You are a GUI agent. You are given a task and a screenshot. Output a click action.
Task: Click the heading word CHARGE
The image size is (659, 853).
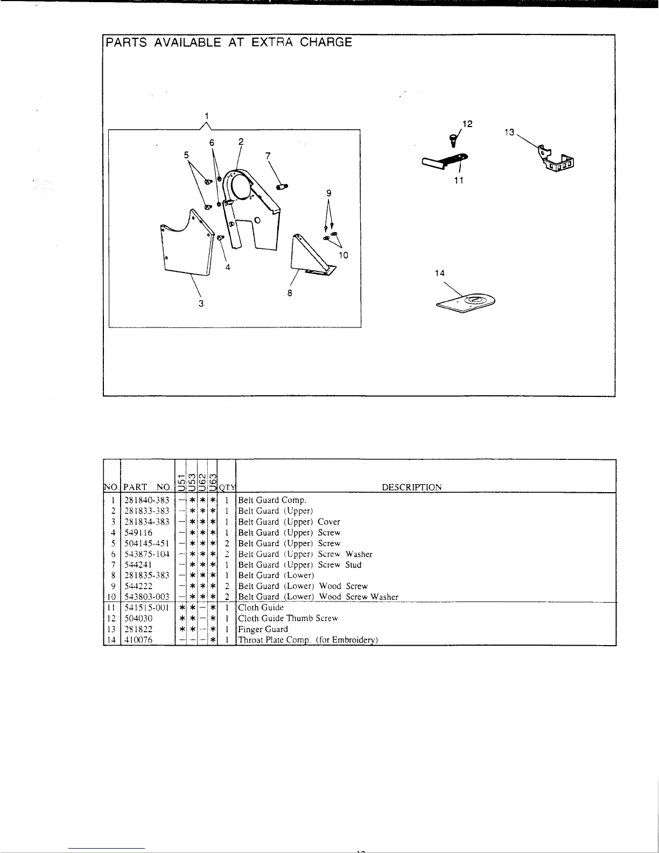326,43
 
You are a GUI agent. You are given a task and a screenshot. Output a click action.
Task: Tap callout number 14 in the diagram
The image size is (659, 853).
440,273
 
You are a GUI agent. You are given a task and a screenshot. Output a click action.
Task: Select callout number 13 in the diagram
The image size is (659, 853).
509,132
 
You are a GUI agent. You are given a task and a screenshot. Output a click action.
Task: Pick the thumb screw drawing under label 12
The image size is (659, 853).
452,140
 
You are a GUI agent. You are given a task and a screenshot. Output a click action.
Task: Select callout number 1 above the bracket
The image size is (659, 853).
207,115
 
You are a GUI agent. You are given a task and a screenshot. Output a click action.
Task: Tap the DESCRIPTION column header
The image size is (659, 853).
411,487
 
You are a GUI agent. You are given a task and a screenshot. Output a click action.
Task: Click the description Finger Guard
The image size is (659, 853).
263,629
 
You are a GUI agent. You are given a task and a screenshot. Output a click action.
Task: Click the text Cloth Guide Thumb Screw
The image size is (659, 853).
288,618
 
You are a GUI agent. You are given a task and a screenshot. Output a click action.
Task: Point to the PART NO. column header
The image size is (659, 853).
146,487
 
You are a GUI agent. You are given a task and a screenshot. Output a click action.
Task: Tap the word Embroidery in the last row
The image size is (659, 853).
354,640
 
